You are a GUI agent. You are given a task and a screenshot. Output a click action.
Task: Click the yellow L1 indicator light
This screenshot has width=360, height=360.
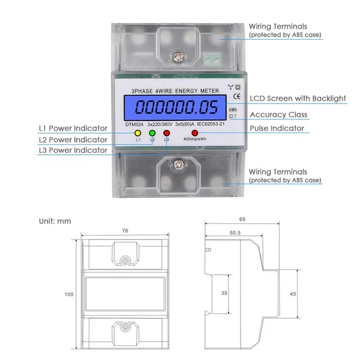[138, 133]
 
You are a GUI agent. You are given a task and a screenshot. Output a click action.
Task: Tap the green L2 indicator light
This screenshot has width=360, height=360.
[152, 133]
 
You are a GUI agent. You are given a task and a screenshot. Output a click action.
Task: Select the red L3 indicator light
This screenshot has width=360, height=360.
[166, 133]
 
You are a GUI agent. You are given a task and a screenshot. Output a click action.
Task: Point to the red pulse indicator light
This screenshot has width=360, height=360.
[194, 133]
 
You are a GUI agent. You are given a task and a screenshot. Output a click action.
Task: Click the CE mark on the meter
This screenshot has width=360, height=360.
[237, 97]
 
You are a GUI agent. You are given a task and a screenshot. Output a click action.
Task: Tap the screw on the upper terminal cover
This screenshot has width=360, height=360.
[178, 58]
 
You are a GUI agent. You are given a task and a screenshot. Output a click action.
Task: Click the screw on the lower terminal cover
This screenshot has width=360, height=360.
[178, 164]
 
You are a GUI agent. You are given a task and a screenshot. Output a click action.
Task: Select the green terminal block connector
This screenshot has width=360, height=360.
[212, 60]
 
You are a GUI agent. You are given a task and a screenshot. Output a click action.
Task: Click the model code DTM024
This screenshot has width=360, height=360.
[134, 125]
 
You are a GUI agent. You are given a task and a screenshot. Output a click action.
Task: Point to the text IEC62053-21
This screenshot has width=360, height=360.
[211, 124]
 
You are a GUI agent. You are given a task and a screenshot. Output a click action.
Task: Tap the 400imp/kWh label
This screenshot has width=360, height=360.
[194, 139]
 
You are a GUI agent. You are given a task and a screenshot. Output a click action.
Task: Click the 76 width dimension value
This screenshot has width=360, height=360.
[125, 230]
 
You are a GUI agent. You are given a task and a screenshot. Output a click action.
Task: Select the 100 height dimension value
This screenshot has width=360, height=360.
[69, 295]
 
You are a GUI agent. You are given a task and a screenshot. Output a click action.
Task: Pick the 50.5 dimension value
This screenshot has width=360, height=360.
[235, 233]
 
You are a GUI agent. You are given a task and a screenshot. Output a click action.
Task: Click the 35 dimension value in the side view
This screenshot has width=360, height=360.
[224, 293]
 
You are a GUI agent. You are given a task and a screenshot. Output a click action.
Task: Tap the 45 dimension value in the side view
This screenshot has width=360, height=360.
[293, 294]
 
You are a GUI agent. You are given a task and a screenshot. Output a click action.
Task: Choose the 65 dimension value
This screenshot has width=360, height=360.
[242, 219]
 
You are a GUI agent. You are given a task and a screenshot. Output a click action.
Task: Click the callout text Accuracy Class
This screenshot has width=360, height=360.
[278, 115]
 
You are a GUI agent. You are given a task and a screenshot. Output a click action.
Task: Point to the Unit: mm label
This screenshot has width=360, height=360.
[55, 221]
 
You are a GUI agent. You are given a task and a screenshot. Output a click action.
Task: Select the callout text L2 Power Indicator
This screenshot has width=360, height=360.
[73, 140]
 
